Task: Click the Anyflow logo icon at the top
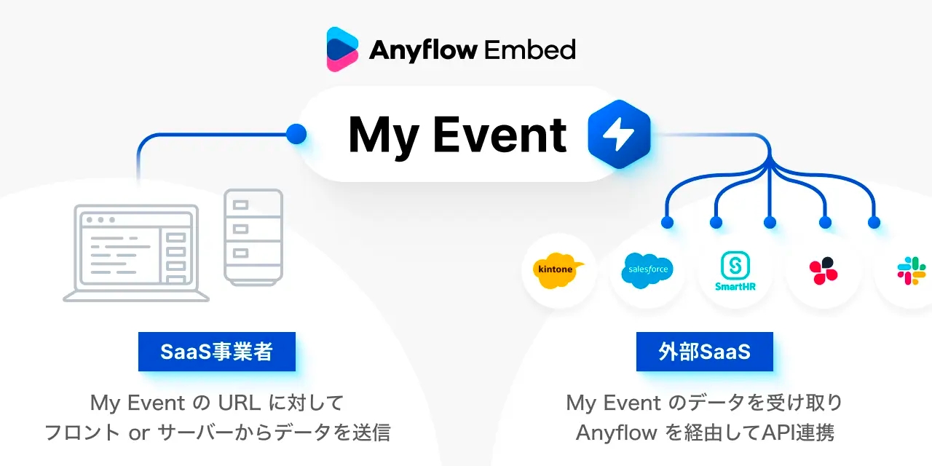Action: pyautogui.click(x=342, y=49)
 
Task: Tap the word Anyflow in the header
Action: pyautogui.click(x=423, y=50)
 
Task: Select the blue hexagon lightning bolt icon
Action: pyautogui.click(x=619, y=135)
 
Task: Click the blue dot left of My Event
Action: pyautogui.click(x=296, y=133)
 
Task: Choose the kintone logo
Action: pyautogui.click(x=558, y=270)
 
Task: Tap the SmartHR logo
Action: pyautogui.click(x=735, y=271)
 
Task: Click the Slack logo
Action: pyautogui.click(x=911, y=270)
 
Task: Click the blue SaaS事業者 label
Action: pyautogui.click(x=217, y=352)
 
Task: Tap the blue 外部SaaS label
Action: pyautogui.click(x=704, y=352)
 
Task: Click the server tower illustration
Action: pyautogui.click(x=253, y=237)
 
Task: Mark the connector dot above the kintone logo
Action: pyautogui.click(x=666, y=222)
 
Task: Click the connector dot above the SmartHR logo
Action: pyautogui.click(x=770, y=222)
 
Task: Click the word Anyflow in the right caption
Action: pyautogui.click(x=615, y=433)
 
